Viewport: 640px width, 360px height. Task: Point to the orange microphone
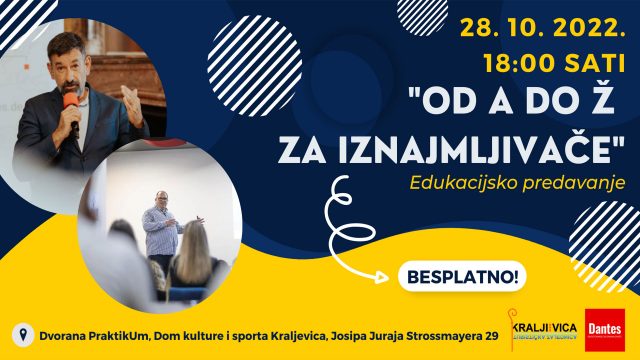70,103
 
